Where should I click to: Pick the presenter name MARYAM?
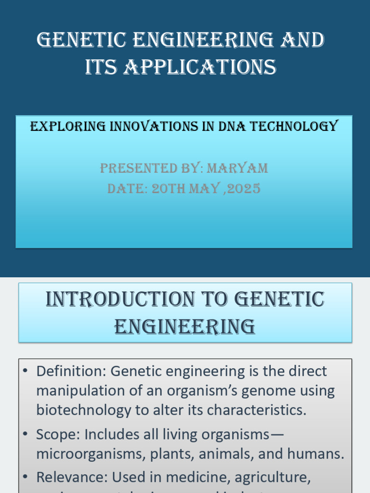(237, 168)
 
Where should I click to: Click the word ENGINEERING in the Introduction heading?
(185, 326)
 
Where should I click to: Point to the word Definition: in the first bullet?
(71, 371)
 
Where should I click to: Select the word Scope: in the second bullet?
(58, 435)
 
